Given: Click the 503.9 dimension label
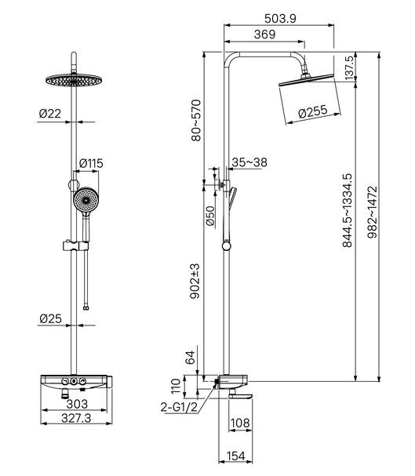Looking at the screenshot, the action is (280, 19).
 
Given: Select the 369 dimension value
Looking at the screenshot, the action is (264, 35).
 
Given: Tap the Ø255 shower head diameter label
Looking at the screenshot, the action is (313, 112).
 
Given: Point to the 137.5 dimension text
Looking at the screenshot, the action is (349, 68).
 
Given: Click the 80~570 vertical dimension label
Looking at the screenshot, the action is (196, 120).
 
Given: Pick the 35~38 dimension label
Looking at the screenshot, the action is (249, 162).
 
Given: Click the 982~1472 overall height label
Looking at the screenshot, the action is (372, 212).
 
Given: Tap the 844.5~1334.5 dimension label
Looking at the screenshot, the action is (347, 210).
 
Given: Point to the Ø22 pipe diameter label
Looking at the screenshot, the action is (50, 114).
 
